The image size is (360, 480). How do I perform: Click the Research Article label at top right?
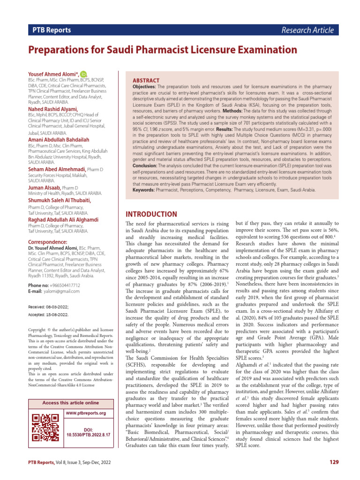coord(307,30)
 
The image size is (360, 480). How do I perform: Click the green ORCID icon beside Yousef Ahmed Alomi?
coord(83,74)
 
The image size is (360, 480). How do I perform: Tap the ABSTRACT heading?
coord(146,81)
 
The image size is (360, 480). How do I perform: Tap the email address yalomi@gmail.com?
coord(61,291)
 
